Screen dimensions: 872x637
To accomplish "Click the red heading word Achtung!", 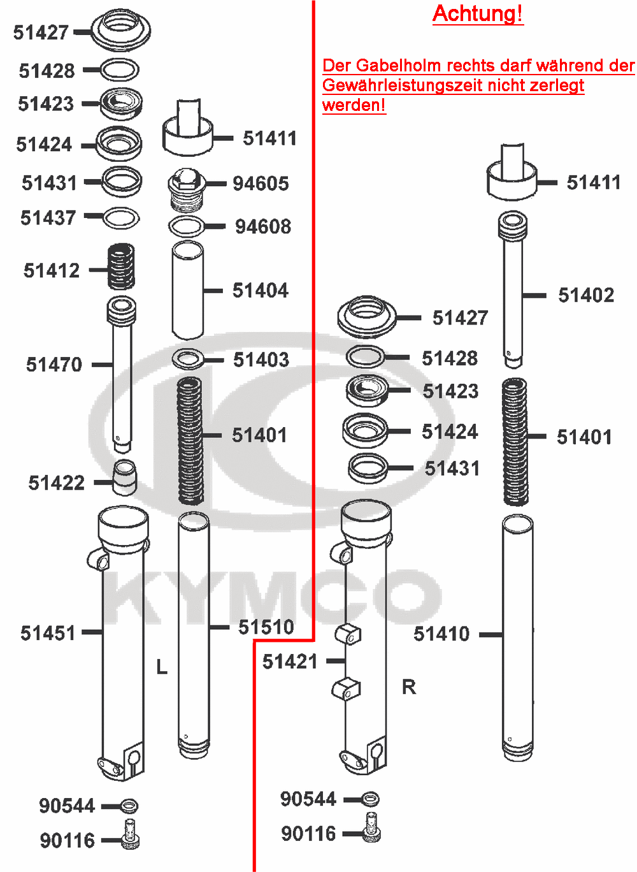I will [x=478, y=14].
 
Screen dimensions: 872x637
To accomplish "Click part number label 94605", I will [x=261, y=184].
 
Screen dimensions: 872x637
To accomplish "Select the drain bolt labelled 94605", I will [x=185, y=189].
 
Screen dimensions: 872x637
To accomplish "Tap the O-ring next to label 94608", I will [x=187, y=226].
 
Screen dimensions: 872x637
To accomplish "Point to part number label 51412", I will [x=52, y=270].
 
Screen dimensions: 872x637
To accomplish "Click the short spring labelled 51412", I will [x=120, y=266].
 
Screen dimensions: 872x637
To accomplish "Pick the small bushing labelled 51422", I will [x=125, y=477].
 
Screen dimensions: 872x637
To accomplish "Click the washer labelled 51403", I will [x=188, y=359].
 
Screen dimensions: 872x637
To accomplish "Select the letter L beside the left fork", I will [x=162, y=667].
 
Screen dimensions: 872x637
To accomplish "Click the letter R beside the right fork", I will [x=409, y=687].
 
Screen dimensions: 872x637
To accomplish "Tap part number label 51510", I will [x=266, y=627].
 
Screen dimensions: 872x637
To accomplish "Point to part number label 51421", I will [x=290, y=662].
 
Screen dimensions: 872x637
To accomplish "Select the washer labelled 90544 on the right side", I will [x=370, y=798].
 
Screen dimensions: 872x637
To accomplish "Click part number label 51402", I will [x=586, y=295].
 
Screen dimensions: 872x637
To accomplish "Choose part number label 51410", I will [x=441, y=634].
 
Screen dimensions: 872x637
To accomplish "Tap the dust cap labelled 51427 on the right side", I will [x=366, y=317].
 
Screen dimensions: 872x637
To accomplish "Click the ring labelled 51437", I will [x=121, y=218].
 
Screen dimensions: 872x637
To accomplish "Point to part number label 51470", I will [x=54, y=365].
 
